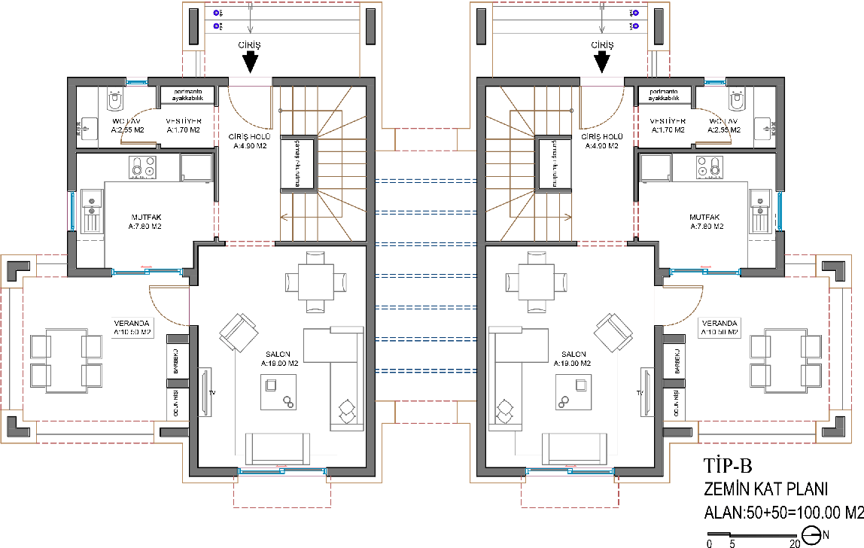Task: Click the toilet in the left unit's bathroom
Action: (115, 101)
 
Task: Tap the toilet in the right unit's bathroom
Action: (737, 101)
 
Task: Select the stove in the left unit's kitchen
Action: (142, 167)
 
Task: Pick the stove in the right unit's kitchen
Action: (710, 167)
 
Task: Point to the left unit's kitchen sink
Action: (92, 212)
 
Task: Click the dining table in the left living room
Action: (316, 282)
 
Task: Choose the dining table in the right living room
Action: (536, 282)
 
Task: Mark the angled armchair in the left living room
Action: (239, 332)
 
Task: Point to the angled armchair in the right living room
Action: (613, 332)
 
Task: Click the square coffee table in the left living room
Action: (278, 391)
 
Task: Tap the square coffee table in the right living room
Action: (573, 391)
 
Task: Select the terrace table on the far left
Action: (66, 360)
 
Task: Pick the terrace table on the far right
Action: (786, 360)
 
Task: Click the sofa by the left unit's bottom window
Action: (277, 449)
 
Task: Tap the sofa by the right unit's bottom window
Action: (575, 449)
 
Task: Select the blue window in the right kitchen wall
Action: (779, 212)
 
